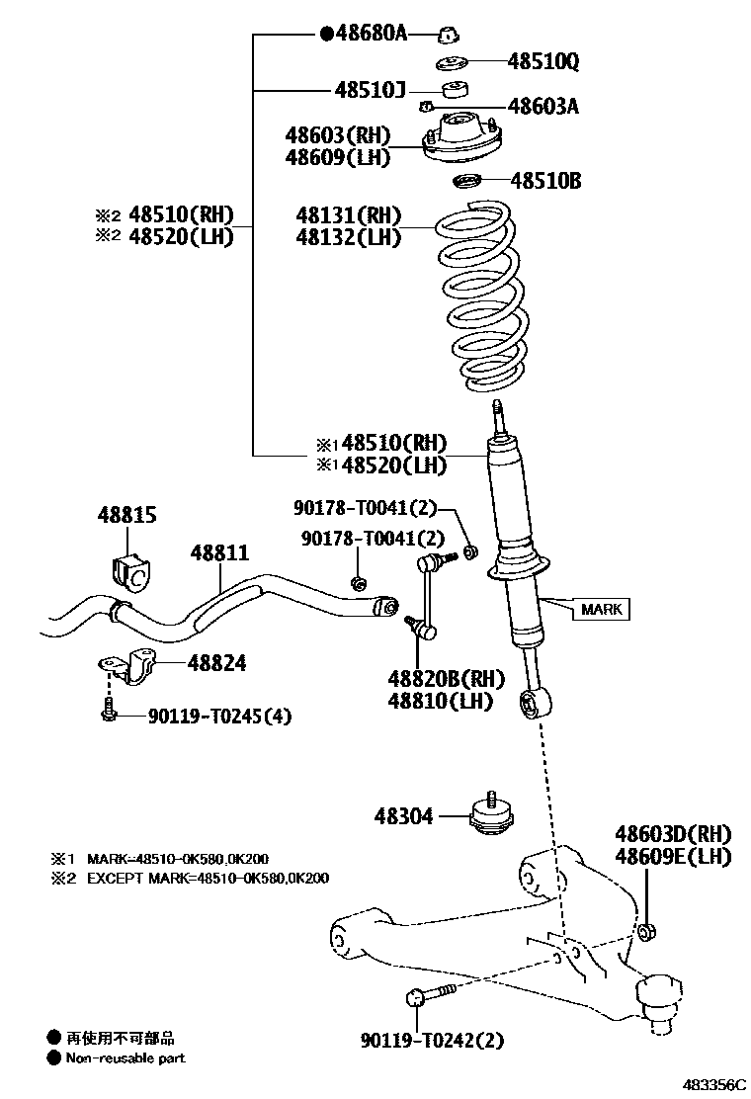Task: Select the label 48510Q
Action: click(x=542, y=62)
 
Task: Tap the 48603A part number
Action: click(x=542, y=106)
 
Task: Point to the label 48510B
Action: click(x=545, y=181)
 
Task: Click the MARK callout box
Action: click(x=601, y=609)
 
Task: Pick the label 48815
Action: click(x=126, y=515)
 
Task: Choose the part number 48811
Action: click(x=219, y=553)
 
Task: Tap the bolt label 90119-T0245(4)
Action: click(x=219, y=716)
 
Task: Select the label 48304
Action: click(x=403, y=816)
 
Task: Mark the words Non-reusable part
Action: click(x=125, y=1058)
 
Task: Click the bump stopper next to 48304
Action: click(x=491, y=815)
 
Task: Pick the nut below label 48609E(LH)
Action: click(x=648, y=931)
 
